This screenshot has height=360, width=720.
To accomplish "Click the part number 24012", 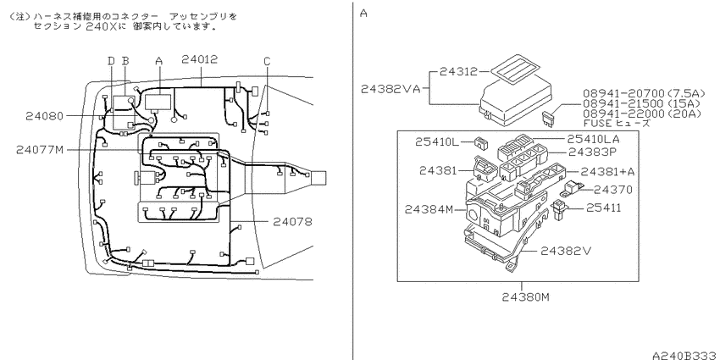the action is (199, 59).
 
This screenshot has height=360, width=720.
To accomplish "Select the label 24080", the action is (44, 116).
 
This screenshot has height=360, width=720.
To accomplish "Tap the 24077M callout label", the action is (40, 150).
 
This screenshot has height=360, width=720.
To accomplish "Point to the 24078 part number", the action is (292, 222).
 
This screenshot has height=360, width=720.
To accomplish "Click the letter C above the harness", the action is (267, 61).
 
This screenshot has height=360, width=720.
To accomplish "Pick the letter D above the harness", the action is (111, 61).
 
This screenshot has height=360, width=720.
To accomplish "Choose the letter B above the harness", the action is (125, 61).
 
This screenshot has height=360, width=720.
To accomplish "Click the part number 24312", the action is (458, 72).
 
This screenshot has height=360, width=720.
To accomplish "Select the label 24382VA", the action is (390, 89).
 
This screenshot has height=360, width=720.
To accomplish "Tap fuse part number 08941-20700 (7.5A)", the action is (644, 94).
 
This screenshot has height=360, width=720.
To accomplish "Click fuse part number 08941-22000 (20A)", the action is (642, 113).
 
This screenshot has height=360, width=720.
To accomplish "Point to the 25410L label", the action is (437, 142).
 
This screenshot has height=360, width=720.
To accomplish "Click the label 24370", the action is (613, 190).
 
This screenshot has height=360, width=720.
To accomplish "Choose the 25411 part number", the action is (604, 208).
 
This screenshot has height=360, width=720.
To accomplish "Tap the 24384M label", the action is (429, 209).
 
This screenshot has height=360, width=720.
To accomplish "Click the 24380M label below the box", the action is (525, 296).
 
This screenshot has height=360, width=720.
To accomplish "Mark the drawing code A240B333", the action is (686, 355).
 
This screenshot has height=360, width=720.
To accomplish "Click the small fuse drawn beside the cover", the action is (549, 118).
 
